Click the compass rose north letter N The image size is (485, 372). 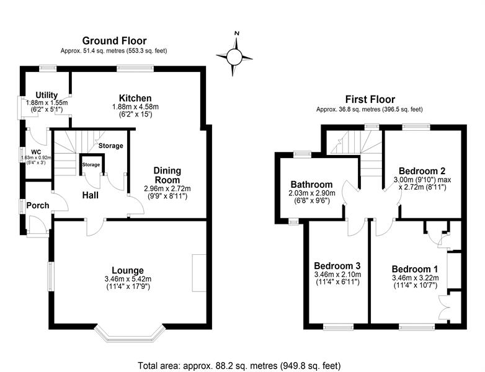pyautogui.click(x=238, y=33)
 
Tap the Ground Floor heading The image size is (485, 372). pyautogui.click(x=114, y=41)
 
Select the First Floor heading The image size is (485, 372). pyautogui.click(x=370, y=100)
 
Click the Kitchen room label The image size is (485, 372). pyautogui.click(x=135, y=99)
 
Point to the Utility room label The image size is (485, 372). pyautogui.click(x=47, y=95)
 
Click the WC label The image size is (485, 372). pyautogui.click(x=36, y=152)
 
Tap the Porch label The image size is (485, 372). pyautogui.click(x=38, y=205)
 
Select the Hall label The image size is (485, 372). pyautogui.click(x=91, y=195)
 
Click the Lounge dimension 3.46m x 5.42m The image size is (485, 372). pyautogui.click(x=128, y=278)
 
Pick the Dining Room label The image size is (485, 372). pyautogui.click(x=167, y=175)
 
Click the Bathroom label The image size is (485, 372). pyautogui.click(x=311, y=185)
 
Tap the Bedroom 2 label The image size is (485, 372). pyautogui.click(x=422, y=171)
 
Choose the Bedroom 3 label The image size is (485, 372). pyautogui.click(x=337, y=266)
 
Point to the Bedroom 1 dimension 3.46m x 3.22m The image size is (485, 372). pyautogui.click(x=415, y=278)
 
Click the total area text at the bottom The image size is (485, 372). pyautogui.click(x=239, y=366)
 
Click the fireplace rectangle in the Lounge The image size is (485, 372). pyautogui.click(x=199, y=273)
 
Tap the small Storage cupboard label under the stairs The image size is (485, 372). pyautogui.click(x=91, y=165)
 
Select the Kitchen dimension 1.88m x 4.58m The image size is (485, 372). pyautogui.click(x=135, y=107)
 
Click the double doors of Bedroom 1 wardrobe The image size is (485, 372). pyautogui.click(x=443, y=308)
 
